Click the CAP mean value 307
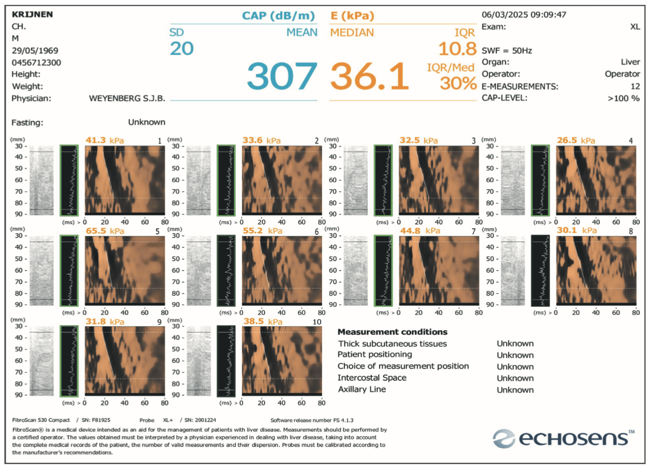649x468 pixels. (282, 77)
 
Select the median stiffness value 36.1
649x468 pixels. (369, 77)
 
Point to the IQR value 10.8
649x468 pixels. (457, 49)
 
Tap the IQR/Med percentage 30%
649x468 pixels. (458, 83)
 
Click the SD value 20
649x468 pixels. (182, 49)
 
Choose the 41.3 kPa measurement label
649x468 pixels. (105, 140)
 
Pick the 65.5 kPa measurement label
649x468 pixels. (105, 231)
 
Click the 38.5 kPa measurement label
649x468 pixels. (263, 322)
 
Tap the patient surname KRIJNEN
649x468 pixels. (32, 14)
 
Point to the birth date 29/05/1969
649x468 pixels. (35, 51)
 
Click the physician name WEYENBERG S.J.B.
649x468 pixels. (127, 98)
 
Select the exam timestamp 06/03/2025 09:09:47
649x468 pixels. (524, 15)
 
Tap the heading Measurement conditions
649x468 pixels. (392, 332)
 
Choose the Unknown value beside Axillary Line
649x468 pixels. (515, 390)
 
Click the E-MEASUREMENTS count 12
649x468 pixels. (635, 86)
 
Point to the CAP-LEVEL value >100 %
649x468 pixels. (623, 98)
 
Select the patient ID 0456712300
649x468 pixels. (37, 62)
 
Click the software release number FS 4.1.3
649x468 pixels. (343, 420)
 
